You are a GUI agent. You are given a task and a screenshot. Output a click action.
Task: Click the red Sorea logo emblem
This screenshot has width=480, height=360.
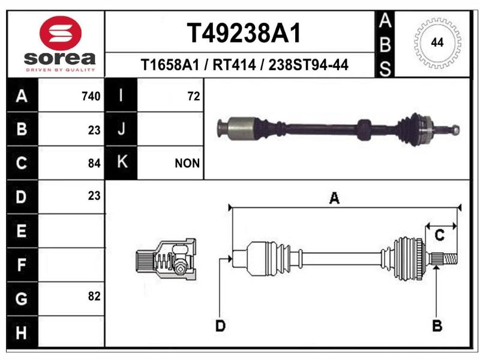[x=61, y=33]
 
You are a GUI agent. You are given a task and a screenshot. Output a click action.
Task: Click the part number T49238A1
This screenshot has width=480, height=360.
[x=244, y=33]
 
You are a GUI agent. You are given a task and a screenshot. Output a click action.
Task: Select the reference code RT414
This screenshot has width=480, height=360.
[x=234, y=65]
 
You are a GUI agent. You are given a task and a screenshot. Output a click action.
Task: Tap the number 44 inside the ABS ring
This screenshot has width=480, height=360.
[x=437, y=42]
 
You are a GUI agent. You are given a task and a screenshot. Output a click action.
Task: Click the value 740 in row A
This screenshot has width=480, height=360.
[x=91, y=97]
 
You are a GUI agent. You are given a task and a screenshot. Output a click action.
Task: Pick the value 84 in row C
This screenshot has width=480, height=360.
[x=94, y=163]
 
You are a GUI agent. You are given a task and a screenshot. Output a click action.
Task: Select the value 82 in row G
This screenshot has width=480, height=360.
[x=94, y=296]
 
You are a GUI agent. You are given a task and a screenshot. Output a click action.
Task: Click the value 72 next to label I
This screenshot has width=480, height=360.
[x=194, y=97]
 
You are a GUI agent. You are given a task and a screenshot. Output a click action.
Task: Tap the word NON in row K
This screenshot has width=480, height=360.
[x=187, y=163]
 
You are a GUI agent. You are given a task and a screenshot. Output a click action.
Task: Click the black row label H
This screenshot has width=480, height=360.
[x=22, y=332]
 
